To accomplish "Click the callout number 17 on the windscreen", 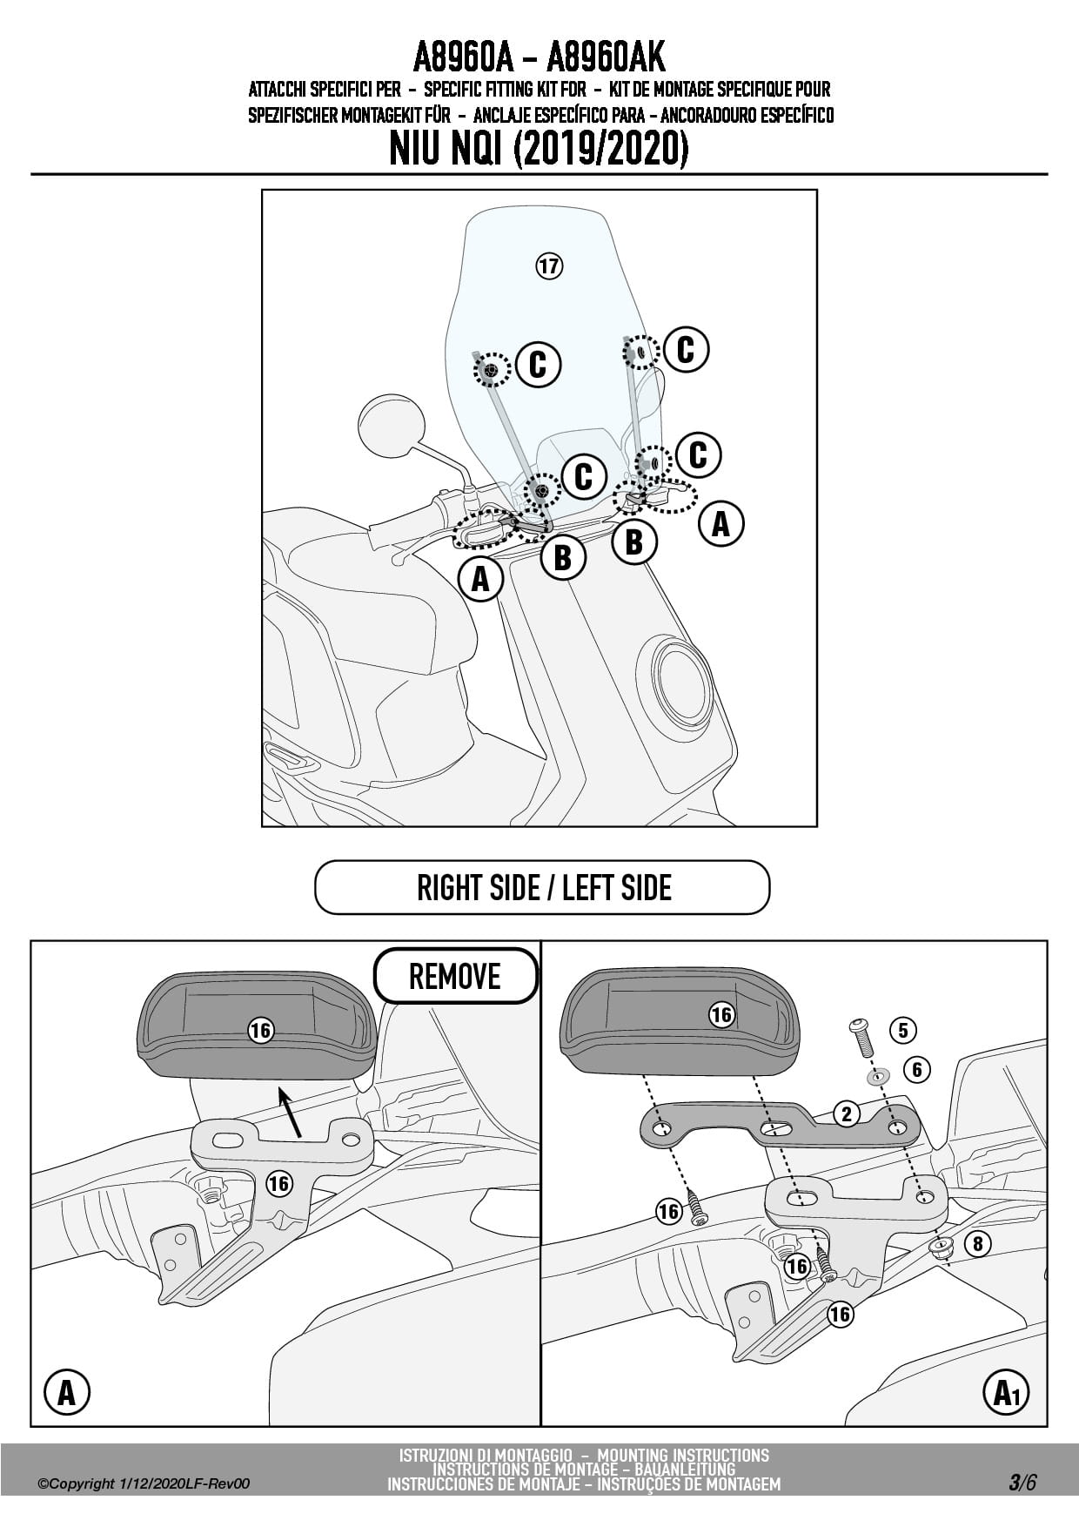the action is click(548, 266).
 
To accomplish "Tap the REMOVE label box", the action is click(455, 976).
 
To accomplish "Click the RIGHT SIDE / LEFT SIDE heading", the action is click(543, 888).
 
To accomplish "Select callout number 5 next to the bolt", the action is click(903, 1031).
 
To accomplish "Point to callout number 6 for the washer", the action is click(916, 1069).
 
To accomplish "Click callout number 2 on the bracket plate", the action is click(846, 1113).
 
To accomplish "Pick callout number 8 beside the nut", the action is click(977, 1244).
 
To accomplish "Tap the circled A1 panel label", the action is click(1007, 1394).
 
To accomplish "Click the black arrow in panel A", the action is click(290, 1113).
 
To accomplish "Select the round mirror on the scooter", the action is click(392, 426).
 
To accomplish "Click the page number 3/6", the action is click(1022, 1483).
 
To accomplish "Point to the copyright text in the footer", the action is click(144, 1483).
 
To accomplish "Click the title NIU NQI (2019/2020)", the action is click(539, 149).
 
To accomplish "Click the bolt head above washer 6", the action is click(859, 1025).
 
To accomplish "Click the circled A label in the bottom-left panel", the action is click(66, 1394).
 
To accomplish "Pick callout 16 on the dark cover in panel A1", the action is click(721, 1015).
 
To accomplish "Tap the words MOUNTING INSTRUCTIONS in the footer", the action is click(683, 1455).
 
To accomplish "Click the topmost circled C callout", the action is click(686, 350).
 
